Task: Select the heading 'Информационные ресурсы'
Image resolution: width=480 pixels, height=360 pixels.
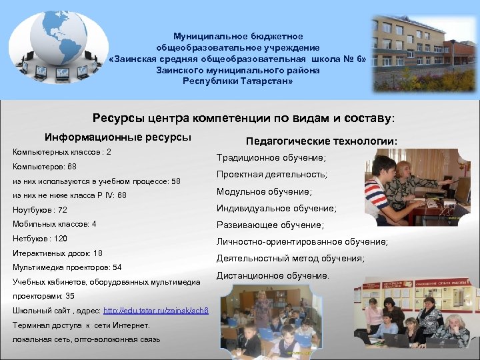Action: (118, 137)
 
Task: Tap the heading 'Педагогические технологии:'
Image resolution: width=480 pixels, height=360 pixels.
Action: (322, 141)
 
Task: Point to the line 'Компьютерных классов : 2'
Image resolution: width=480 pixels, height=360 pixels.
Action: (62, 152)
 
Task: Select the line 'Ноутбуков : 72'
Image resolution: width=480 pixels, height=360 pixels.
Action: (40, 210)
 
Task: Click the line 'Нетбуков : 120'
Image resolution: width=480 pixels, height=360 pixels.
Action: (40, 239)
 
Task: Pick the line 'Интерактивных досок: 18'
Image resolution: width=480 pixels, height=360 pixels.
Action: (57, 253)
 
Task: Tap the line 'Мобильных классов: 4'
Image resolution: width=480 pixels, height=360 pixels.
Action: (54, 224)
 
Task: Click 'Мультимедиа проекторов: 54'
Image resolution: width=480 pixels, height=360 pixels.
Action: (67, 267)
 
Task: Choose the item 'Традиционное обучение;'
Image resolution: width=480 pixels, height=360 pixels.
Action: (270, 158)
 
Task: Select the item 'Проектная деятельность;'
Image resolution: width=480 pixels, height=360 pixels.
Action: (272, 175)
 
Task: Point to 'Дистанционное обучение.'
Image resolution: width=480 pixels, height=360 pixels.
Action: (273, 275)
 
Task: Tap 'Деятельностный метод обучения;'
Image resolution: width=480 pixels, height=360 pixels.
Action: (291, 259)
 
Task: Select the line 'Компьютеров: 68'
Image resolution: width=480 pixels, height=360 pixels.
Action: (44, 167)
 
